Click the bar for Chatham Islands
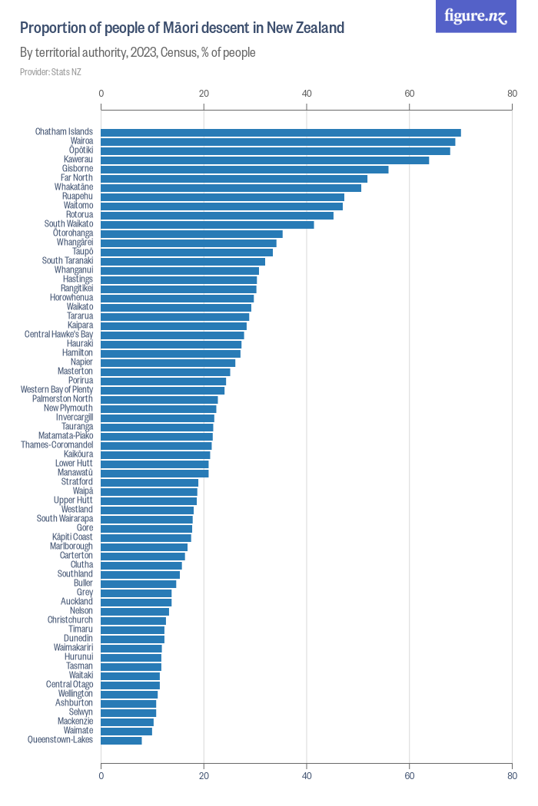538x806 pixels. (x=281, y=132)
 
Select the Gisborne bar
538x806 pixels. (x=244, y=169)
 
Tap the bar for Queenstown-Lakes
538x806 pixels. (x=121, y=740)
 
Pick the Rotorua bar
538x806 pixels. (x=217, y=215)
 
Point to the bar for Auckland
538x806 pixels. (x=136, y=602)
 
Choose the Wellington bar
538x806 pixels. (x=129, y=694)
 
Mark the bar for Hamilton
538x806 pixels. (x=171, y=353)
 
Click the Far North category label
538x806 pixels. (x=77, y=178)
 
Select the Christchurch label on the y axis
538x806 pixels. (x=70, y=620)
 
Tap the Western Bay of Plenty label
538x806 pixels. (x=57, y=390)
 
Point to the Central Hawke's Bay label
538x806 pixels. (x=59, y=335)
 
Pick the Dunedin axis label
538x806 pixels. (x=78, y=639)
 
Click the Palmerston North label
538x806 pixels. (x=62, y=399)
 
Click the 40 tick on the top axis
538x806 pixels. (x=307, y=94)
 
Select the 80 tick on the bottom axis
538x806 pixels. (x=512, y=775)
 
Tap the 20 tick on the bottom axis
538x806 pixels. (x=204, y=775)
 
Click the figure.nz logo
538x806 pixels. (x=476, y=16)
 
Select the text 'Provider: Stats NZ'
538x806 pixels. (x=51, y=72)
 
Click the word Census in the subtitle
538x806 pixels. (x=180, y=53)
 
